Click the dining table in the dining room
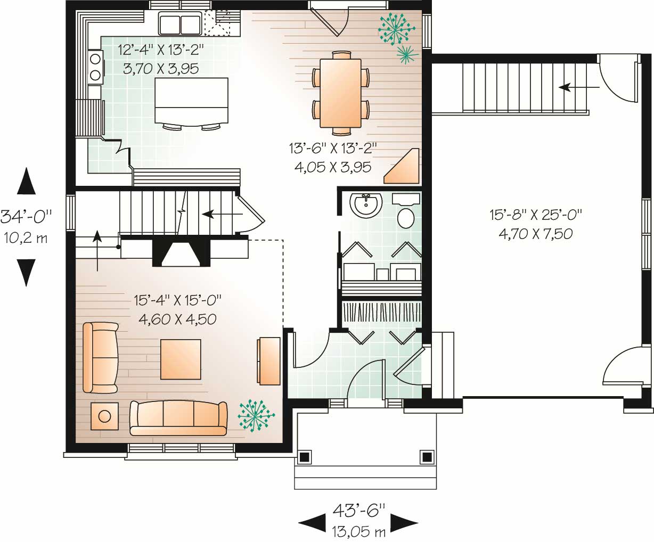(340, 93)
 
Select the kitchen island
(191, 100)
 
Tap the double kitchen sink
(179, 24)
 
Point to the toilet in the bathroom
(407, 218)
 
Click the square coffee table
(181, 360)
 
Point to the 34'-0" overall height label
(27, 217)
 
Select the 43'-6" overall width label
(358, 511)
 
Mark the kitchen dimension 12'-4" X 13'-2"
(160, 51)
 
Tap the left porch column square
(304, 457)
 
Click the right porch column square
(426, 457)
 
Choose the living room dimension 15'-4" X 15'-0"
(177, 301)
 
